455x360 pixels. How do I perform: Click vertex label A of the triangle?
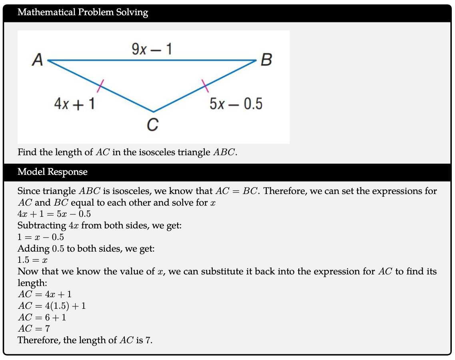coord(37,60)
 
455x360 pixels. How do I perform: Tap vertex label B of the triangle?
coord(266,60)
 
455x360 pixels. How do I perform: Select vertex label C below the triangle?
coord(152,125)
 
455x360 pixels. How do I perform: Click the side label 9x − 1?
coord(152,49)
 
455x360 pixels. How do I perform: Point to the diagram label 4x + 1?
coord(74,104)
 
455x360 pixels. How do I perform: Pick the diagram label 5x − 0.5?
coord(236,104)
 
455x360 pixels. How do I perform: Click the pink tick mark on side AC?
coord(100,85)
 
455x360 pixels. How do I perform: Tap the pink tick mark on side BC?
coord(205,85)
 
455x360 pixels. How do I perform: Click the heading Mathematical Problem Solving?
coord(83,12)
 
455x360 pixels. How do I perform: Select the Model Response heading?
coord(52,172)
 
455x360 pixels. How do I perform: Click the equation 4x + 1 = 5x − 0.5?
coord(54,214)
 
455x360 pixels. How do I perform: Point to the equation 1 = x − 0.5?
coord(41,237)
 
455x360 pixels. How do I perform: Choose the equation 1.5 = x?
coord(33,260)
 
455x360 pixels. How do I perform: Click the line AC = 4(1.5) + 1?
coord(52,306)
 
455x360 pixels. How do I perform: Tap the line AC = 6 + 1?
coord(42,318)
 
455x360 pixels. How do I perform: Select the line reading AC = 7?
coord(34,329)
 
